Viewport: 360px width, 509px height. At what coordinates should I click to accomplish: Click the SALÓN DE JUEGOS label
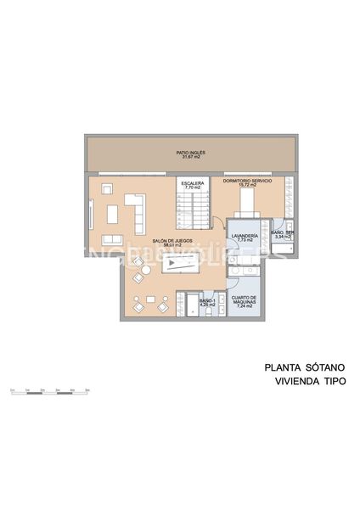pos(170,241)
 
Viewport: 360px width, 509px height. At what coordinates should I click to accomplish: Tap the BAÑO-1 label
pos(208,299)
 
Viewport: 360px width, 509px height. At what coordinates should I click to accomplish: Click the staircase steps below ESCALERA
pos(193,210)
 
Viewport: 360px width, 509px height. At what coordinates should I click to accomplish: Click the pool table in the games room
pos(179,264)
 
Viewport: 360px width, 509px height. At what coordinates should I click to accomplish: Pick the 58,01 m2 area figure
pos(170,246)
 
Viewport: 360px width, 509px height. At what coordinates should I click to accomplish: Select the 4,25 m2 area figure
pos(208,305)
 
